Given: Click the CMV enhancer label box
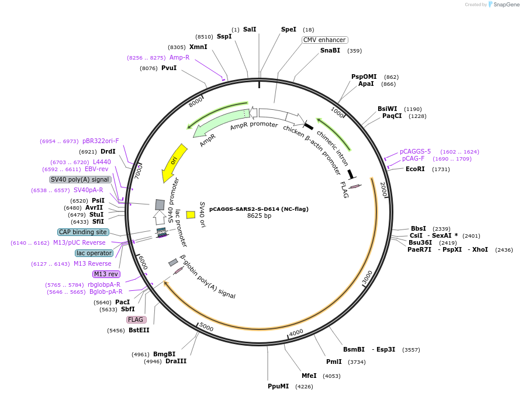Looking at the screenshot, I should pos(325,40).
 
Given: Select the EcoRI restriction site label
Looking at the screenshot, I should pos(415,169).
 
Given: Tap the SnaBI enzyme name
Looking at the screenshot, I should pos(330,51).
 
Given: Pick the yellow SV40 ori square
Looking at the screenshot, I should pos(191,215).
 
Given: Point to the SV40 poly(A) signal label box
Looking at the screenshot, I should pos(80,179).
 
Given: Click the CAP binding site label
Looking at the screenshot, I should pos(83,232).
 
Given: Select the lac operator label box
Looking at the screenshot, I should pos(94,253).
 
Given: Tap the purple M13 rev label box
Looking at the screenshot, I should pos(106,274).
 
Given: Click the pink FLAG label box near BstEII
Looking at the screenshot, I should pos(136,319).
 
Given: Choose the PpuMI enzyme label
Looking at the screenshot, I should pos(278,386).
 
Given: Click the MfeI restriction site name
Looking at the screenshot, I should pos(309,376).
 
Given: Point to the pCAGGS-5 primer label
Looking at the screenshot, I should pos(415,151).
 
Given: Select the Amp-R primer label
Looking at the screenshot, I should pos(179,57).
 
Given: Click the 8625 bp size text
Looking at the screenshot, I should pos(259,216).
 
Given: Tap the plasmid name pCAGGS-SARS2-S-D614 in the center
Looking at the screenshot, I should pos(259,209).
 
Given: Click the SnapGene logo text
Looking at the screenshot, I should pos(506,5).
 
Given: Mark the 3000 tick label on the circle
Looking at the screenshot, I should pos(367,277).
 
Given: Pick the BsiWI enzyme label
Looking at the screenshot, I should pos(387,109).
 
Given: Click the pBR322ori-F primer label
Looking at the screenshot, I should pos(101,141).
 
